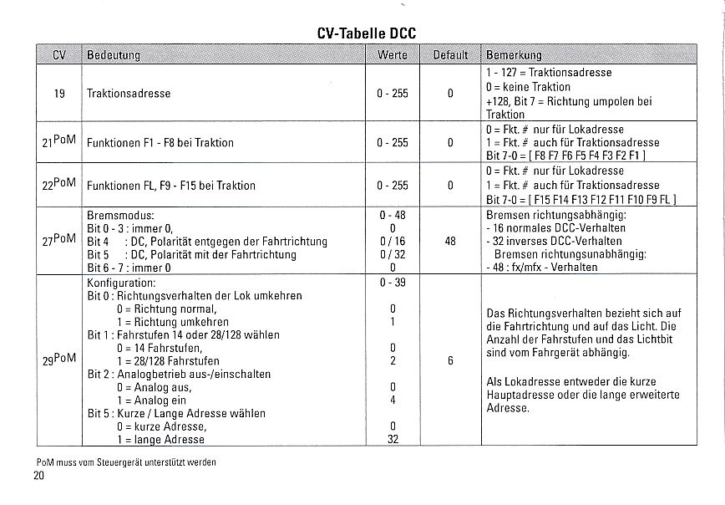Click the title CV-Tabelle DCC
click(x=367, y=33)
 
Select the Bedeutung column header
click(x=114, y=55)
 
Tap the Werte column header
click(x=393, y=55)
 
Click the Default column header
click(x=450, y=55)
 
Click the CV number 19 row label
click(x=59, y=94)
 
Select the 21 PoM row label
click(x=58, y=141)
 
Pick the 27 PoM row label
click(x=58, y=241)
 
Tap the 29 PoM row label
click(x=58, y=359)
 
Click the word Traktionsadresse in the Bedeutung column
click(x=129, y=94)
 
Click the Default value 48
click(x=450, y=241)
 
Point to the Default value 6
click(x=450, y=361)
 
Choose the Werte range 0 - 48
click(x=393, y=215)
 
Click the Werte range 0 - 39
click(x=393, y=282)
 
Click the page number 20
click(x=39, y=476)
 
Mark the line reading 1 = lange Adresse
click(x=160, y=439)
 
